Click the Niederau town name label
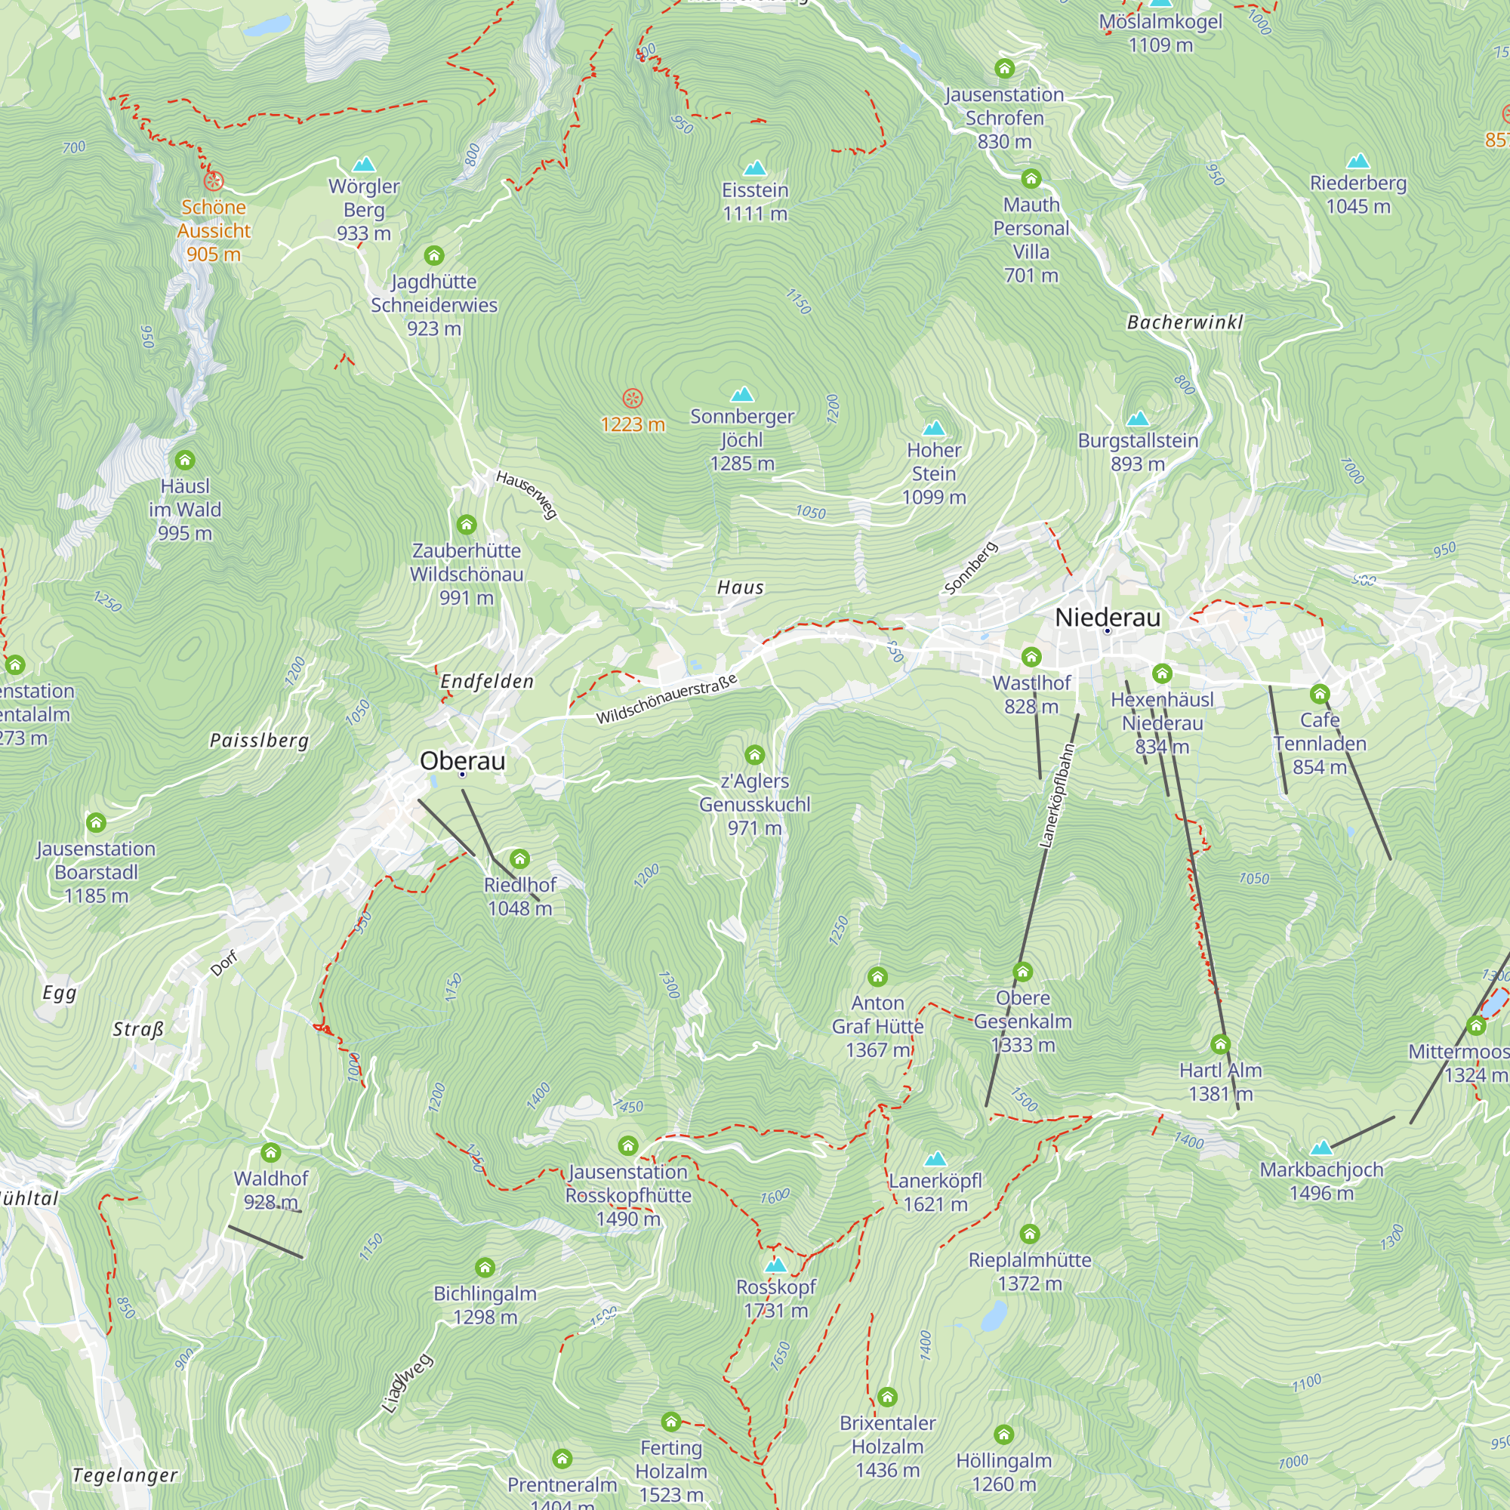coord(1108,618)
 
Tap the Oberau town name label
coord(463,760)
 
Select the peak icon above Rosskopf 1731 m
coord(775,1265)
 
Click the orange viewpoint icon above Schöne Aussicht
coord(214,181)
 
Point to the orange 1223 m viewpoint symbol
coord(632,399)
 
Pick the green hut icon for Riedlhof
coord(519,860)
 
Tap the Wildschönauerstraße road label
coord(667,700)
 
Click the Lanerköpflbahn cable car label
coord(1057,796)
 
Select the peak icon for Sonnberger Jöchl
coord(741,394)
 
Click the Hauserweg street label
coord(527,494)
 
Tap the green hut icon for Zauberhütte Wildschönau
coord(467,525)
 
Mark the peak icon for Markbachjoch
coord(1320,1148)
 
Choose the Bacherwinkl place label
coord(1184,322)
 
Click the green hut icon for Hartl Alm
coord(1220,1044)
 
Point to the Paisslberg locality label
coord(260,740)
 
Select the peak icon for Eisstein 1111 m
coord(754,168)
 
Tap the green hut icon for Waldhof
coord(270,1153)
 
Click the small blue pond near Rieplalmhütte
coord(994,1316)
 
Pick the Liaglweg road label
coord(406,1383)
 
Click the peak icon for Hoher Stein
coord(934,428)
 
